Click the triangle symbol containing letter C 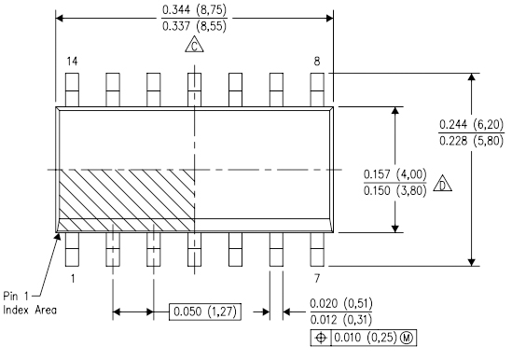[x=194, y=45]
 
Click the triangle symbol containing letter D [x=443, y=184]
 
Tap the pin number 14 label [x=72, y=62]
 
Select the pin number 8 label [x=317, y=62]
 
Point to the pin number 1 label [x=73, y=279]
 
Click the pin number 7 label [x=317, y=279]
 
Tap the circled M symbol [x=407, y=338]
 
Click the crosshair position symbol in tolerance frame [x=321, y=338]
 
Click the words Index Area [x=30, y=310]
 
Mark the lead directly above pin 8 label [x=317, y=90]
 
